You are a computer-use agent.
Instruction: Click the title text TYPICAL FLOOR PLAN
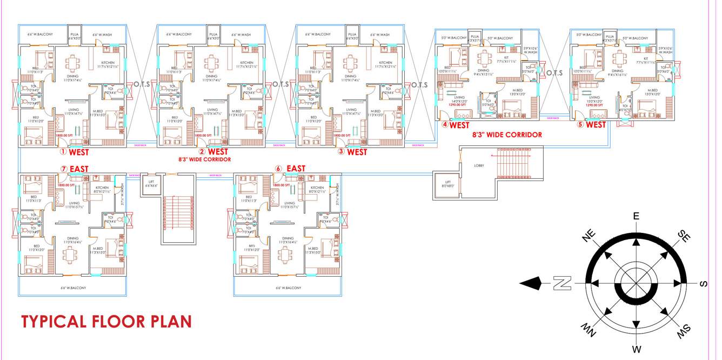coord(106,322)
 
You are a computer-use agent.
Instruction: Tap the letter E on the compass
coord(636,217)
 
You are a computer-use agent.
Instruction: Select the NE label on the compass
coord(589,236)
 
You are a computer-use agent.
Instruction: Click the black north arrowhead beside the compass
coord(531,283)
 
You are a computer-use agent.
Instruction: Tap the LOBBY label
coord(479,165)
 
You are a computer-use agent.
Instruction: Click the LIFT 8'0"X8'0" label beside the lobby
coord(448,184)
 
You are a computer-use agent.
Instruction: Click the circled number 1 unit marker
coord(63,152)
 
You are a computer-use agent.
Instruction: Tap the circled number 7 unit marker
coord(64,169)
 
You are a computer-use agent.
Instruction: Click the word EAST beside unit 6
coord(296,169)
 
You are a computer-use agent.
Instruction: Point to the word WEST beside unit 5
coord(596,125)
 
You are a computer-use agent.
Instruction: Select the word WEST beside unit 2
coord(218,152)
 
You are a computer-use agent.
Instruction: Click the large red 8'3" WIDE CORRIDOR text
coord(507,135)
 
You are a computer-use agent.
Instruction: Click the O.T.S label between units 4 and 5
coord(554,73)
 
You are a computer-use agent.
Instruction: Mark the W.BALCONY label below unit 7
coord(73,288)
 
